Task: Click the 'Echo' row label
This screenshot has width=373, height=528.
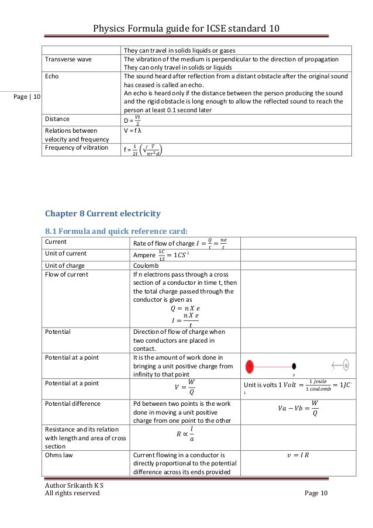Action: pyautogui.click(x=52, y=77)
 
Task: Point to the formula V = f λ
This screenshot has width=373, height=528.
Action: pyautogui.click(x=136, y=132)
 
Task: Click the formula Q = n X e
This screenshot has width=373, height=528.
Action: pyautogui.click(x=184, y=308)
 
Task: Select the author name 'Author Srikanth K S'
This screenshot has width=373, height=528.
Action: pyautogui.click(x=70, y=485)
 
